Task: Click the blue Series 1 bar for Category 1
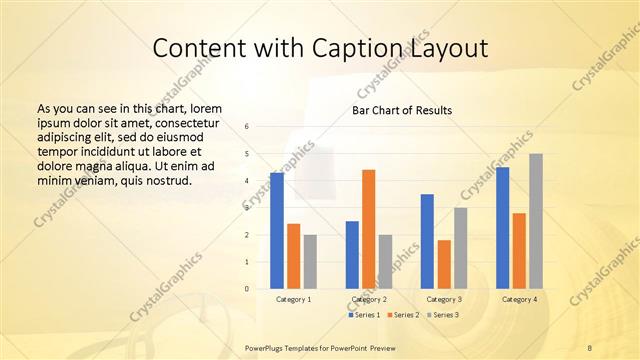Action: coord(277,231)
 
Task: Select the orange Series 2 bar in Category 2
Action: coord(369,229)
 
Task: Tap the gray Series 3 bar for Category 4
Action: coord(536,221)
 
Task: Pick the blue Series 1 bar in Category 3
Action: coord(427,241)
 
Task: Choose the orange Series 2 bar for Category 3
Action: coord(444,264)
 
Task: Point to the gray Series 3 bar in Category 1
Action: coord(310,262)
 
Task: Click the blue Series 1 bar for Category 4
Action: coord(502,228)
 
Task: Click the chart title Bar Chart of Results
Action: coord(402,110)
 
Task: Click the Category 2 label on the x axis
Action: coord(369,299)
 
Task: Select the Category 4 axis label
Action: coord(519,299)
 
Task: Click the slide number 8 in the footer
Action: coord(590,346)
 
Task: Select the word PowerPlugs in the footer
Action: coord(267,346)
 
